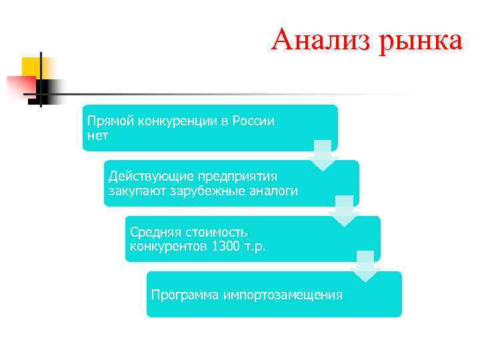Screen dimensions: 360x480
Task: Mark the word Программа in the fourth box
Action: tap(185, 295)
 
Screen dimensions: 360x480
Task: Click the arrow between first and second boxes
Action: tap(323, 155)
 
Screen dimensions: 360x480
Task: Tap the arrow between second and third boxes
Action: tap(345, 211)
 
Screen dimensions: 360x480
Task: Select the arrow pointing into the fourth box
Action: tap(366, 266)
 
